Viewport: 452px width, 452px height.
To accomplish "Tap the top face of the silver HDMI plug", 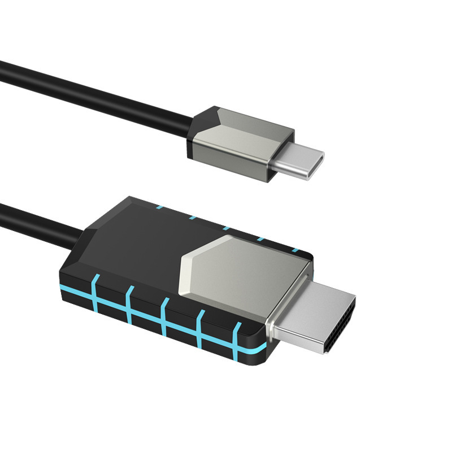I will click(x=319, y=305).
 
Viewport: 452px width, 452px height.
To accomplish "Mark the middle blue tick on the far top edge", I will click(x=226, y=229).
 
